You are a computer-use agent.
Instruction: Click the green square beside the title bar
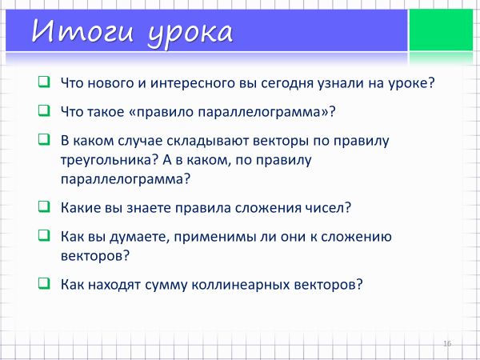pos(441,30)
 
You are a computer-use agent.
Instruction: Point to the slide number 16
pos(447,343)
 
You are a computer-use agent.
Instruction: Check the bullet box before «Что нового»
pos(44,82)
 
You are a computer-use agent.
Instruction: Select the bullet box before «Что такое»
pos(44,111)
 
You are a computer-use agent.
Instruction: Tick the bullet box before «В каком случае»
pos(44,139)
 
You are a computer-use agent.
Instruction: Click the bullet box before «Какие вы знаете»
pos(44,206)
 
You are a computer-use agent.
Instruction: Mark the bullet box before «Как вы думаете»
pos(44,235)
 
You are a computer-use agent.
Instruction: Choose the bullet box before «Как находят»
pos(44,283)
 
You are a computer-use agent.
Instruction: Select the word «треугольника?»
pos(109,161)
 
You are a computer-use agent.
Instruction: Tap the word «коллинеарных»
pos(241,285)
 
